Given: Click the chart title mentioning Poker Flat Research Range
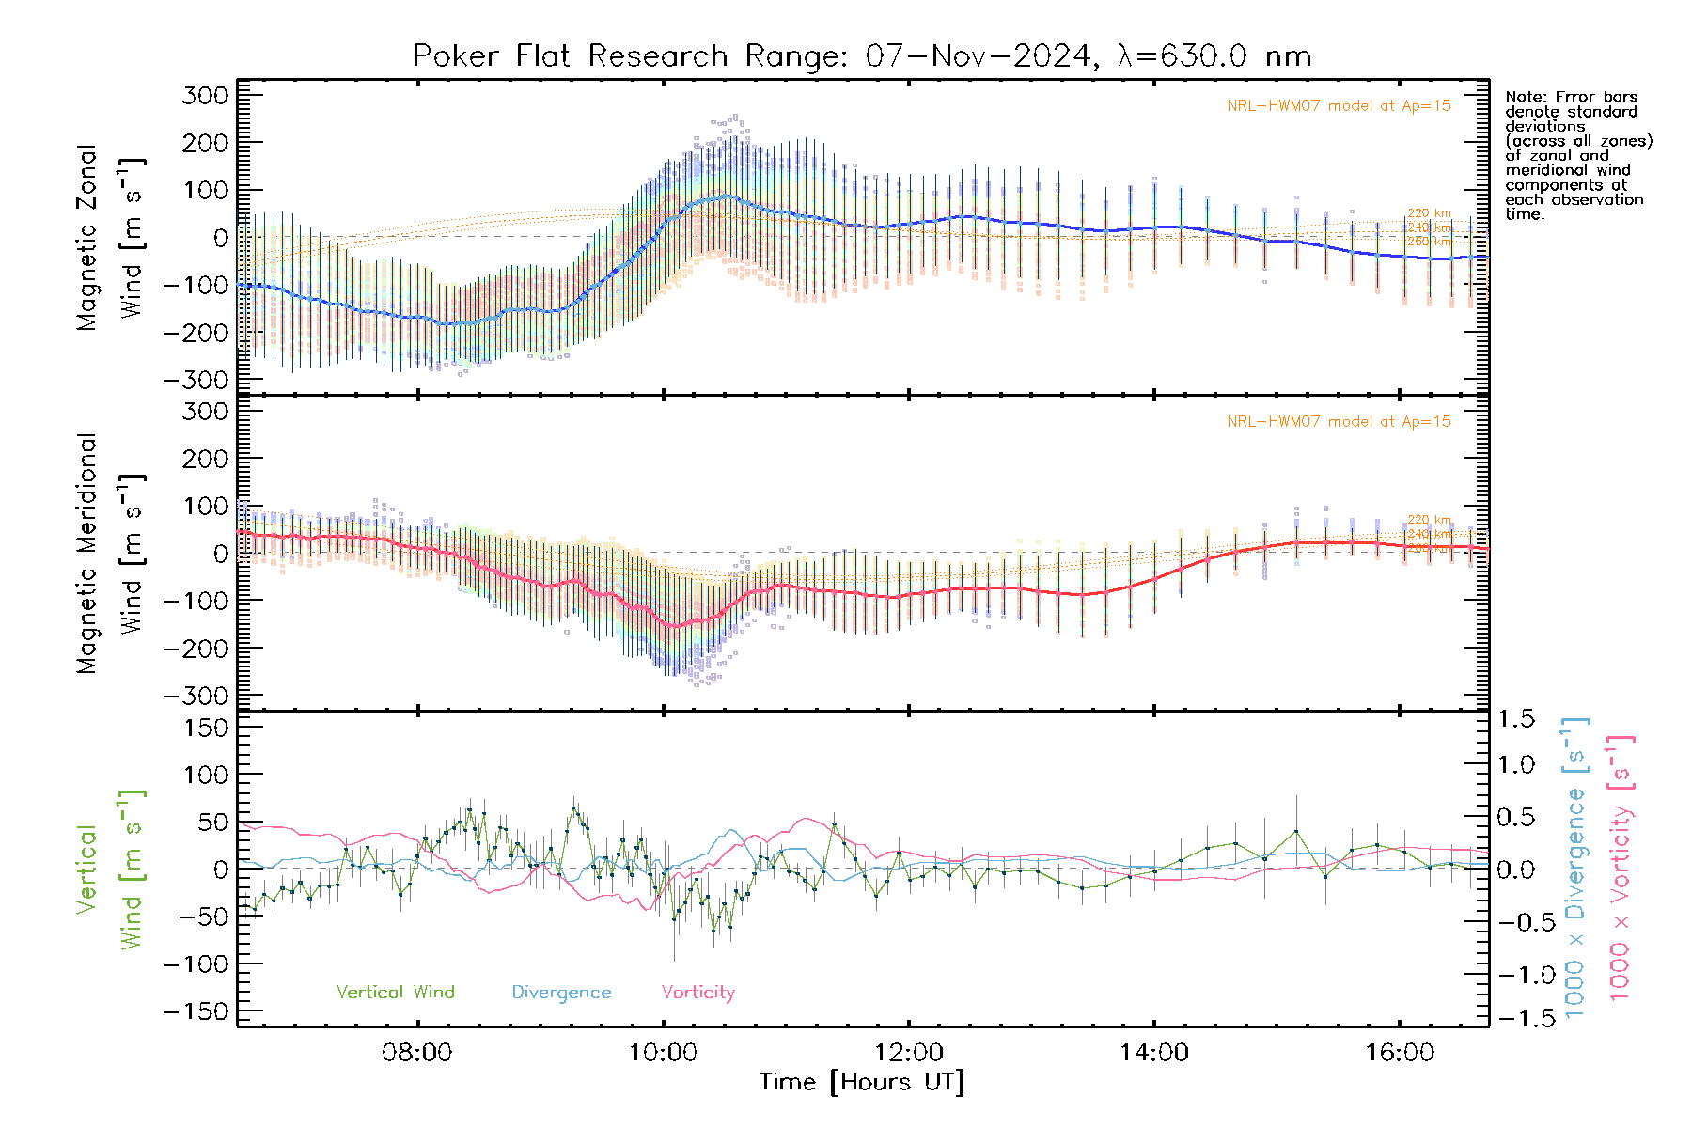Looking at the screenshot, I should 861,56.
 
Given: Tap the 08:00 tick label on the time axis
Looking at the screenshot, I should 416,1052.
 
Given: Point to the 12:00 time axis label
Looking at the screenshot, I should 908,1052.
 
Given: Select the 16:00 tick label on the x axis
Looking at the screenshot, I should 1399,1052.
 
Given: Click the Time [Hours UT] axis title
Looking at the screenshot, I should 861,1082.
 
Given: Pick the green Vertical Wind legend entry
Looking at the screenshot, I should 395,993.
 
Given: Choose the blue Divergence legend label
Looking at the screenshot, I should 561,993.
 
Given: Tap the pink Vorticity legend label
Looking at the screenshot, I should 697,993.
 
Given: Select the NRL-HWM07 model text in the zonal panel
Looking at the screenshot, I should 1339,106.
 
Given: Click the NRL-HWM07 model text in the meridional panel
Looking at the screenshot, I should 1339,422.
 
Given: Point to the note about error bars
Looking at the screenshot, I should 1577,155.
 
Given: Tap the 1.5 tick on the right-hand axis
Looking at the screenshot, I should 1515,719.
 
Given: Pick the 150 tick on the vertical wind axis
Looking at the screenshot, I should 204,728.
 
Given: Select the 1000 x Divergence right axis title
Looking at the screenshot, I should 1575,867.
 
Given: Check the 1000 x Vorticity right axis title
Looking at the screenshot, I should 1620,867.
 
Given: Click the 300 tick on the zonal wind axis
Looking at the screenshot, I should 204,96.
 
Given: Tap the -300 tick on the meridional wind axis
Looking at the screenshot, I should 196,696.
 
